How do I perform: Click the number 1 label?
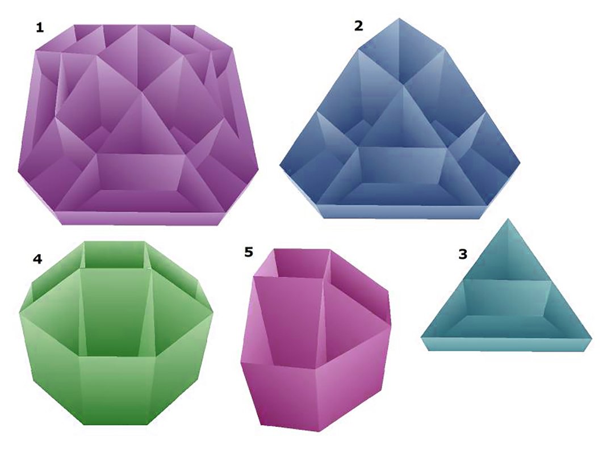(x=40, y=28)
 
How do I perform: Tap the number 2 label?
(x=358, y=26)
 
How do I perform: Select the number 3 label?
(x=463, y=254)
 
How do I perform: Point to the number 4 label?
(x=37, y=259)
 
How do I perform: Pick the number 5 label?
(x=249, y=252)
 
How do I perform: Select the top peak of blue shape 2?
(x=399, y=18)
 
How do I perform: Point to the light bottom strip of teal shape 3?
(x=506, y=344)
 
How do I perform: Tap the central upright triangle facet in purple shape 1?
(x=143, y=124)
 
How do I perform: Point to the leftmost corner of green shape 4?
(x=20, y=311)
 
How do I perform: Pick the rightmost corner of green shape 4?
(x=213, y=312)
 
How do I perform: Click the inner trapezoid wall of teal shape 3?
(x=507, y=296)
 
